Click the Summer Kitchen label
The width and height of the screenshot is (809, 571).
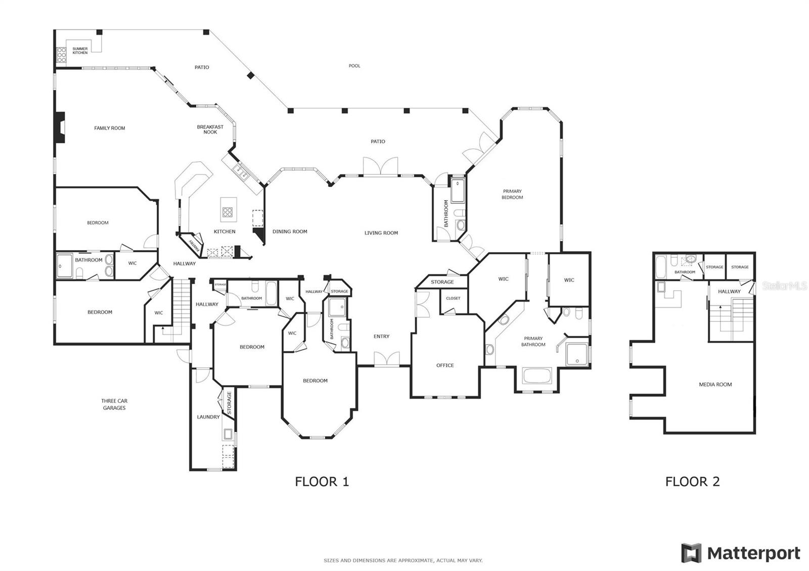[x=80, y=51]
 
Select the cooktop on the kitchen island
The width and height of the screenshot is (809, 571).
[x=228, y=212]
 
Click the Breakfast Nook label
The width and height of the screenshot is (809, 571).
[x=210, y=129]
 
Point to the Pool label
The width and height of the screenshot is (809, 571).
[x=354, y=66]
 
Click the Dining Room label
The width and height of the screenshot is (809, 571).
[x=290, y=231]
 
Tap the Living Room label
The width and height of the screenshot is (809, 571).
[x=381, y=233]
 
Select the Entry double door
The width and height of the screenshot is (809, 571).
[x=386, y=360]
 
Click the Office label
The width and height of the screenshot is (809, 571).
[x=445, y=365]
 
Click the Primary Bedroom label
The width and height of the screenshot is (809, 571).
[x=512, y=194]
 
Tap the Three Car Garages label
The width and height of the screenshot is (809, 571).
[x=114, y=404]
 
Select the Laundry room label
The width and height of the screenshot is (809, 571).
[x=208, y=417]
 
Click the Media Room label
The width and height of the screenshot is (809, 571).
[x=715, y=385]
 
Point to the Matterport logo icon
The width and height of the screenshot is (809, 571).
[x=691, y=553]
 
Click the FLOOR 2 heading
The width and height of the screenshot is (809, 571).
[x=692, y=482]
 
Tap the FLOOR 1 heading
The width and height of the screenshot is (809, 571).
[x=322, y=482]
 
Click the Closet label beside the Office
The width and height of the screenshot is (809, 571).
[x=453, y=298]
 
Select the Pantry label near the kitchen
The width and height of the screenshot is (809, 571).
[x=193, y=244]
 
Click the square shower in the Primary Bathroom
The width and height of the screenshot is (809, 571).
[x=577, y=354]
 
